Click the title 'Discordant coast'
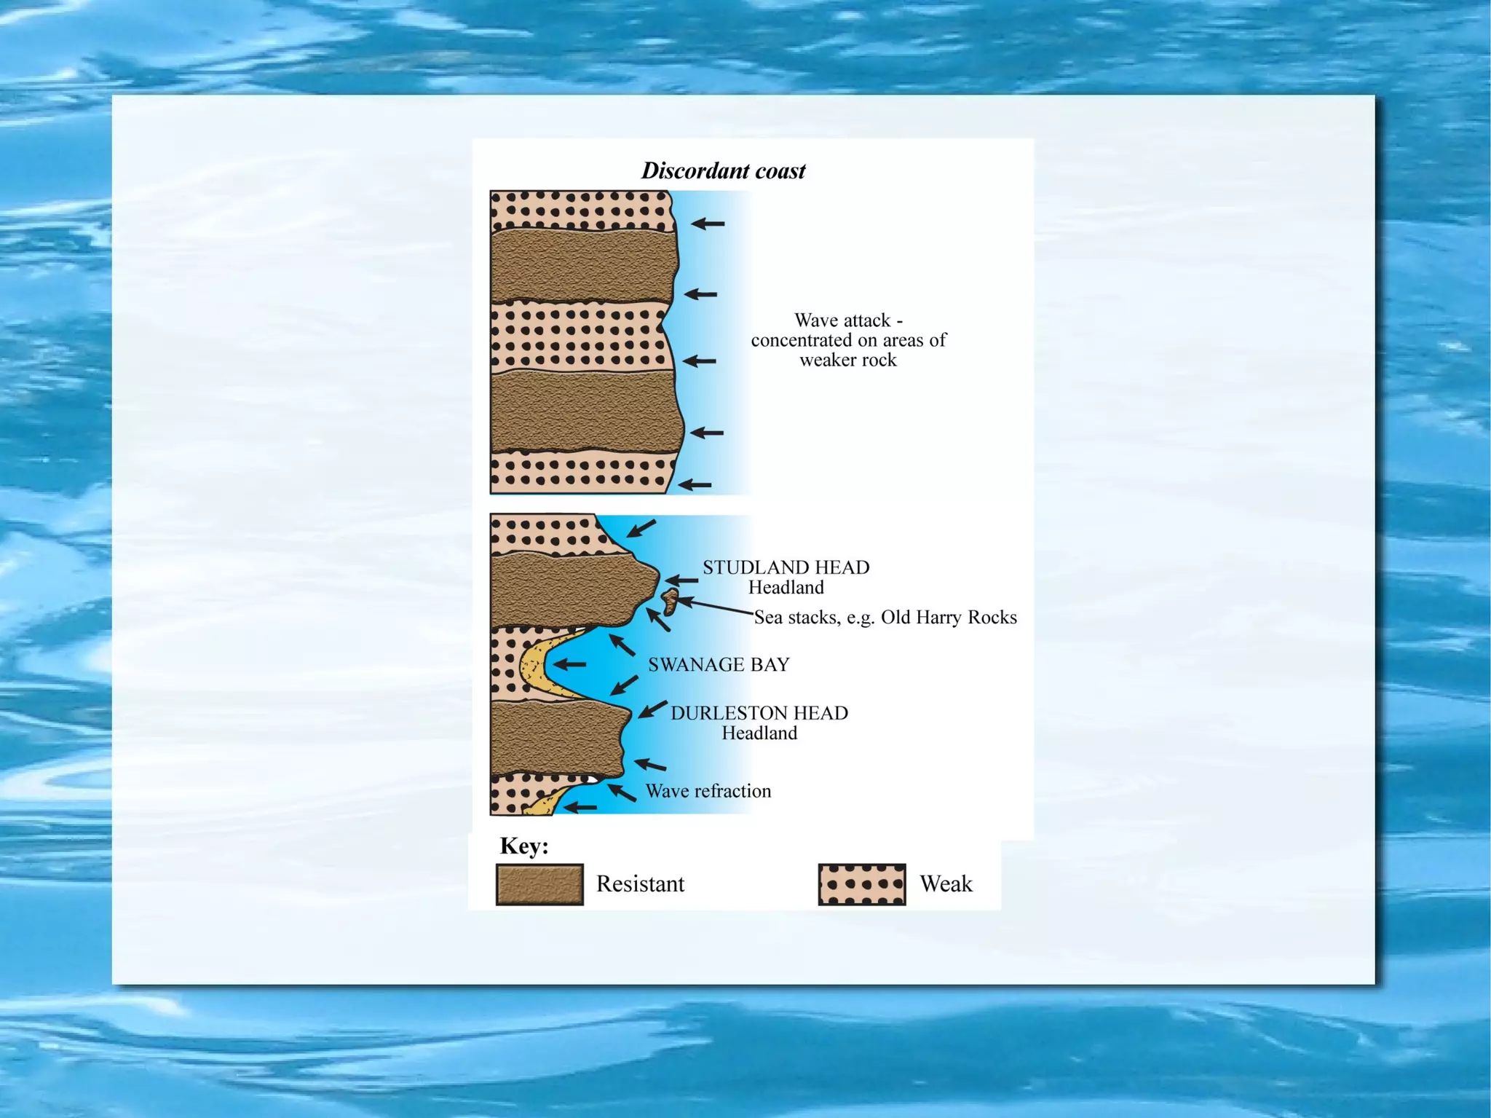tap(723, 170)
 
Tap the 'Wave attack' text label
tap(848, 320)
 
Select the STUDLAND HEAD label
tap(786, 567)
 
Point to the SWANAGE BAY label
tap(719, 664)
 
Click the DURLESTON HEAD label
tap(759, 713)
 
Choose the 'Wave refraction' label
tap(708, 791)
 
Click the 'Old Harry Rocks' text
tap(949, 618)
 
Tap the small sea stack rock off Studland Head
tap(670, 601)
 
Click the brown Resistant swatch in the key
tap(539, 884)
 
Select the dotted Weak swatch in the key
tap(862, 884)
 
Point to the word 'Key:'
tap(524, 846)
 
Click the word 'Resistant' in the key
tap(640, 884)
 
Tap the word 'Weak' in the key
tap(946, 884)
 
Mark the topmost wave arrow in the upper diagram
tap(707, 224)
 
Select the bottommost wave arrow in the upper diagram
tap(695, 484)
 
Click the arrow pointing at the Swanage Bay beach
tap(569, 664)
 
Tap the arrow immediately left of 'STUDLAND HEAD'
tap(681, 580)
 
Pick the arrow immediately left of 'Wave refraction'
tap(622, 791)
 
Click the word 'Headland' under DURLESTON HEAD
tap(759, 733)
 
